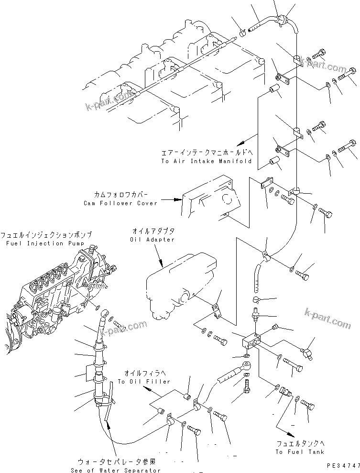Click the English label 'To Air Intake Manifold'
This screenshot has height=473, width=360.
[206, 161]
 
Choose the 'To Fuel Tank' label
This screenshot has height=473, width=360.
[299, 451]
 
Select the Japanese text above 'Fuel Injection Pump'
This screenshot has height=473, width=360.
[45, 235]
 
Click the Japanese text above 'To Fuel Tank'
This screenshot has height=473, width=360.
[299, 443]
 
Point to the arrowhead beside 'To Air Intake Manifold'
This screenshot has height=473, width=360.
[243, 142]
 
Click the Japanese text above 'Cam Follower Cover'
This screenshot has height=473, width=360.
[120, 195]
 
